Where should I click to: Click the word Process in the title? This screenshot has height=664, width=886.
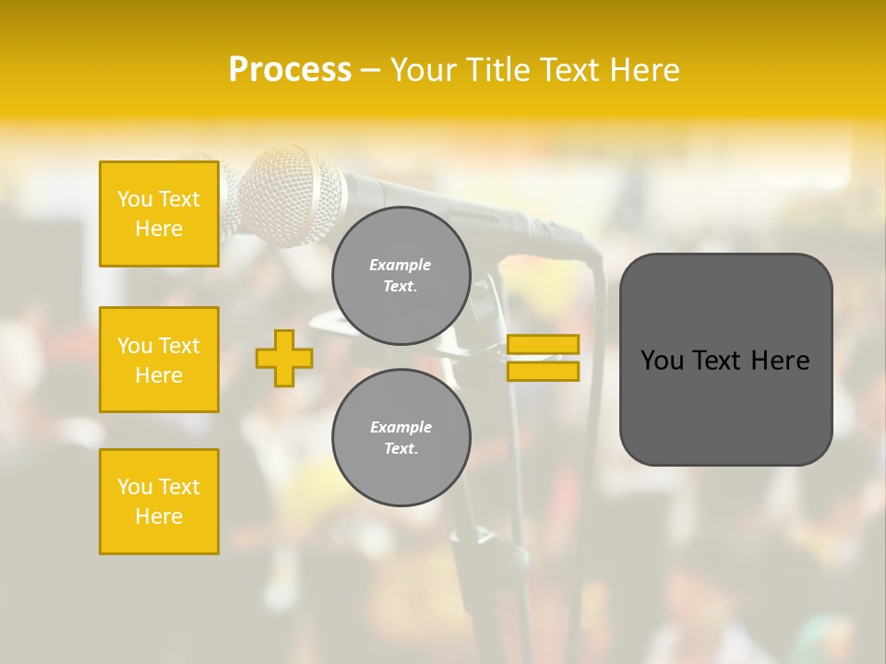coord(290,70)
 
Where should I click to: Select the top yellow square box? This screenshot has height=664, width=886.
coord(159,214)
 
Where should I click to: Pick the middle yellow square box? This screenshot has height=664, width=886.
coord(159,360)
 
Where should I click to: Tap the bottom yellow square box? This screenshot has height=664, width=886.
coord(159,502)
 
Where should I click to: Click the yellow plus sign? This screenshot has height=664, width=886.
coord(284,358)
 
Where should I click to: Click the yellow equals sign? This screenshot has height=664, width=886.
coord(543,358)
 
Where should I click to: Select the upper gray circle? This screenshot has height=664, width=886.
coord(401,276)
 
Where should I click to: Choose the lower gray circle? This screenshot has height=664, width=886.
coord(401,438)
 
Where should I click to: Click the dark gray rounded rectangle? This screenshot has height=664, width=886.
coord(725,359)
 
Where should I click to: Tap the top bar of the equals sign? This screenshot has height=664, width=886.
coord(543,345)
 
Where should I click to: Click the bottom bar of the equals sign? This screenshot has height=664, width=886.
coord(543,372)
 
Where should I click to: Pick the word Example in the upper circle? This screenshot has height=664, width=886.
coord(401,266)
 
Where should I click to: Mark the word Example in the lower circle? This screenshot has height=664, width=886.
coord(401,428)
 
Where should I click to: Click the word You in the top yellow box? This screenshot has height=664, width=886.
coord(134,199)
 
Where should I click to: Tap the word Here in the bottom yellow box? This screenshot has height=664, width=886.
coord(159,516)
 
